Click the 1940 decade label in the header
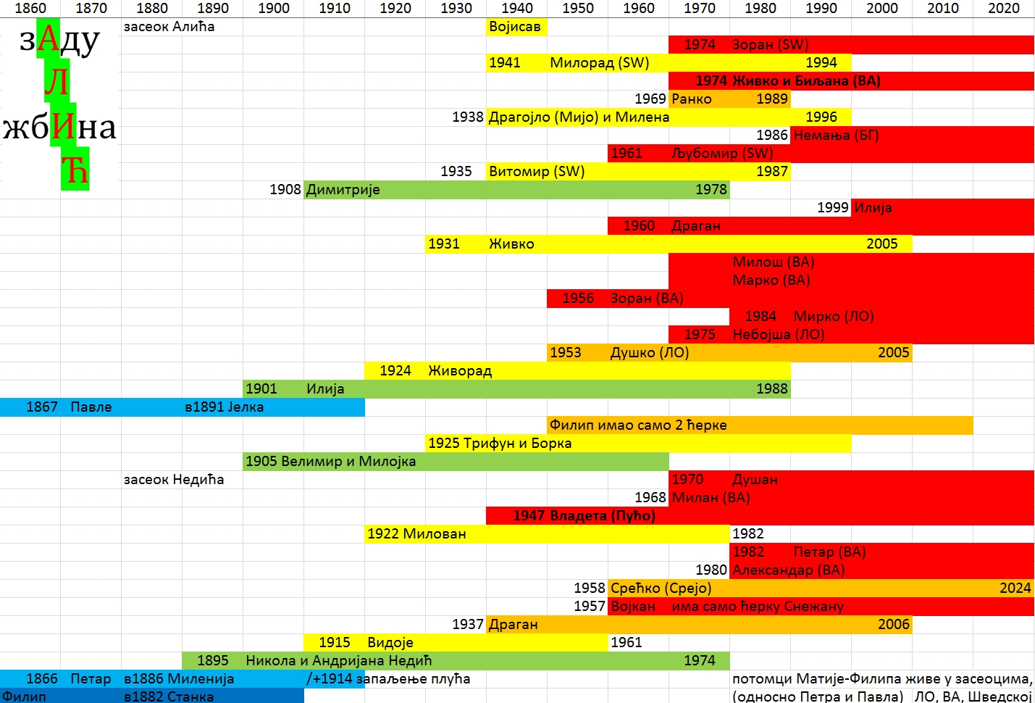(x=516, y=8)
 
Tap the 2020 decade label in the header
(x=1003, y=8)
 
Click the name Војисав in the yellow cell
(x=515, y=27)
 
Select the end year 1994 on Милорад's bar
(x=821, y=63)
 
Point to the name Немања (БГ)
(x=836, y=136)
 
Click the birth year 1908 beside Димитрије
(x=285, y=190)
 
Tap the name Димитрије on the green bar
(x=343, y=190)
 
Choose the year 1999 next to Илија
(x=832, y=208)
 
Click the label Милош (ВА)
(x=773, y=262)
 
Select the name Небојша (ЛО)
(x=778, y=335)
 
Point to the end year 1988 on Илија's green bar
(x=771, y=389)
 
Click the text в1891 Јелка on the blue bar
(x=224, y=407)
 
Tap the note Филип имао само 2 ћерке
(x=637, y=425)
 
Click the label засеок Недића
(x=174, y=480)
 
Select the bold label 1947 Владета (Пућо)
(x=584, y=516)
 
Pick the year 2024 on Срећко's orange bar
(x=1015, y=588)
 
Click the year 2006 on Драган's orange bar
(x=893, y=625)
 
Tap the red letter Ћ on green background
(x=75, y=172)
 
